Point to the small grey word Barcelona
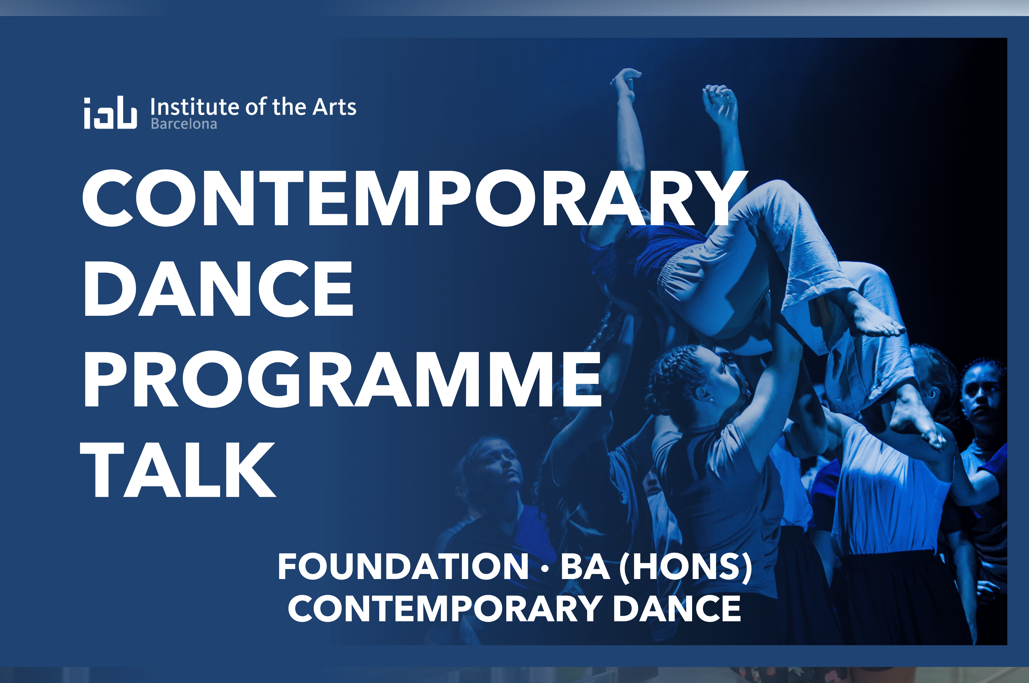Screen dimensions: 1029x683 coord(184,124)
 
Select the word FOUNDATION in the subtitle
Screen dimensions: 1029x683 coord(403,566)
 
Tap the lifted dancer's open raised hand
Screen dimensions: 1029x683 coord(625,83)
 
